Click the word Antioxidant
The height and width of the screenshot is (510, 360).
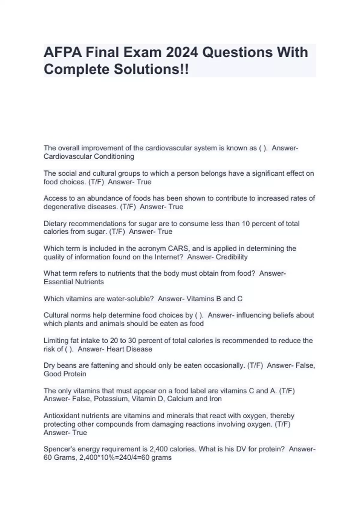click(x=61, y=416)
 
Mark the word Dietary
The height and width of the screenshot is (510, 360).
click(x=55, y=224)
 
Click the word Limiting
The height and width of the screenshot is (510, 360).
click(x=56, y=341)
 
